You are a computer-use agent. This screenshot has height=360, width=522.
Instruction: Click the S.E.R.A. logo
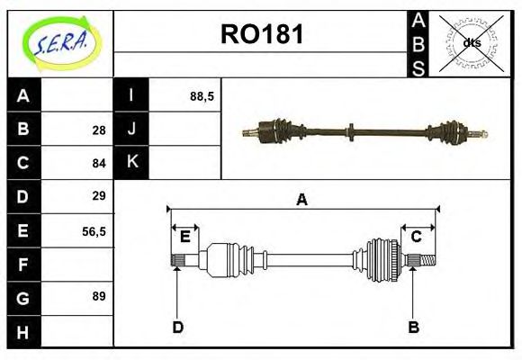60,42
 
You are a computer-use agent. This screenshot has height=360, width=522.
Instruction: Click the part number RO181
262,35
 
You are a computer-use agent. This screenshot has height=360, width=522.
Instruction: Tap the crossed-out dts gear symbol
471,42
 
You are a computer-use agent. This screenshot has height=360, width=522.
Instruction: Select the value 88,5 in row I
202,95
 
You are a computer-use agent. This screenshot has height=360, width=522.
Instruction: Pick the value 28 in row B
98,130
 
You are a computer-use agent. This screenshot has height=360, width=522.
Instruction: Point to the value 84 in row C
98,163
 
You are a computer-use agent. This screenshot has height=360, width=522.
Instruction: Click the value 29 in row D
98,195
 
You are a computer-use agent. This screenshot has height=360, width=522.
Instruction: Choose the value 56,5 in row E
94,230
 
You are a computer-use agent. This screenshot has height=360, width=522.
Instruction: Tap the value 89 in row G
98,295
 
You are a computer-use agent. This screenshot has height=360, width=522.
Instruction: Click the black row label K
131,162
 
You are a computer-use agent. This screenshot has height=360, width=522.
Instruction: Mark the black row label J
131,129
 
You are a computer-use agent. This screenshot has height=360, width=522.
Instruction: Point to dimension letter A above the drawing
302,200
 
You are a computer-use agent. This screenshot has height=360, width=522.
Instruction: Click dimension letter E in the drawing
184,237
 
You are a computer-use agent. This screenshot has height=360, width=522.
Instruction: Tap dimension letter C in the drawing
417,237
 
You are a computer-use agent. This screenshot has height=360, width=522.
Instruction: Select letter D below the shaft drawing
177,327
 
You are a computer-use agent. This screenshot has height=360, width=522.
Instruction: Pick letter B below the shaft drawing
414,327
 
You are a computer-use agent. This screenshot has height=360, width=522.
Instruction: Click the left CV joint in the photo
270,131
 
